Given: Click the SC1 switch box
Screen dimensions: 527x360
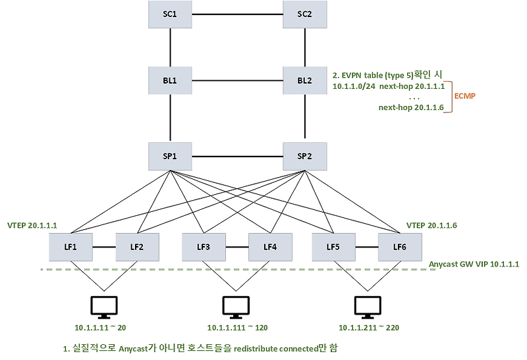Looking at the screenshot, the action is pyautogui.click(x=170, y=14).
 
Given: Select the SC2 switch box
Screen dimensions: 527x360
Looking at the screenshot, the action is pyautogui.click(x=305, y=14).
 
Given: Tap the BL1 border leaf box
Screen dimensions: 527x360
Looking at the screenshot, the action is pyautogui.click(x=170, y=80).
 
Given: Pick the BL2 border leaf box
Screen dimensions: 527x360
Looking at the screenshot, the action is pyautogui.click(x=305, y=80).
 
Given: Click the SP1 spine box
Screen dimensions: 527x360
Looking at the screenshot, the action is pyautogui.click(x=170, y=157).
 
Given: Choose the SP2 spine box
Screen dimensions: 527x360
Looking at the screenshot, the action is pyautogui.click(x=305, y=157).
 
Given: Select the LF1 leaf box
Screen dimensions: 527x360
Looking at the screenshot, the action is pyautogui.click(x=70, y=247).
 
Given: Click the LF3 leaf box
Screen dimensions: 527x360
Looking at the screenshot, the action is pyautogui.click(x=204, y=247).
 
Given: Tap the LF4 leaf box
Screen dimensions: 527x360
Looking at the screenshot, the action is pyautogui.click(x=270, y=247).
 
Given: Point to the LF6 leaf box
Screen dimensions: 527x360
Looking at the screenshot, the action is pyautogui.click(x=400, y=247).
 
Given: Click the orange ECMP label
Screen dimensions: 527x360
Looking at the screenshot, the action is pyautogui.click(x=465, y=96).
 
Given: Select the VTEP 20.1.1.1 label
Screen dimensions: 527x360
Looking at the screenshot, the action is pyautogui.click(x=32, y=225).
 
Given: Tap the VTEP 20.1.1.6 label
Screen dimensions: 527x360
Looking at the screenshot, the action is pyautogui.click(x=431, y=225).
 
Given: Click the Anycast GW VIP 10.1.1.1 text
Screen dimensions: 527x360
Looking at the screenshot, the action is pyautogui.click(x=474, y=265).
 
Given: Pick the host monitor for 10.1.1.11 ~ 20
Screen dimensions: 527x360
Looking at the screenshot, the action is pyautogui.click(x=104, y=307).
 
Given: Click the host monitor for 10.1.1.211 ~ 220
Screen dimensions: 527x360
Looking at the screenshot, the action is pyautogui.click(x=368, y=307).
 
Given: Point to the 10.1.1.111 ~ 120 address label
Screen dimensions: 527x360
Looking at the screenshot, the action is pyautogui.click(x=238, y=328).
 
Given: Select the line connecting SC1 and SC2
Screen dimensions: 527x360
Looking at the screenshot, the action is pyautogui.click(x=237, y=14).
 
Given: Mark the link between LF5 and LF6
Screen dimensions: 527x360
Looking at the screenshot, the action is pyautogui.click(x=367, y=247).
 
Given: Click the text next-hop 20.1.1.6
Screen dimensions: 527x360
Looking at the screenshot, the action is pyautogui.click(x=411, y=107).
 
